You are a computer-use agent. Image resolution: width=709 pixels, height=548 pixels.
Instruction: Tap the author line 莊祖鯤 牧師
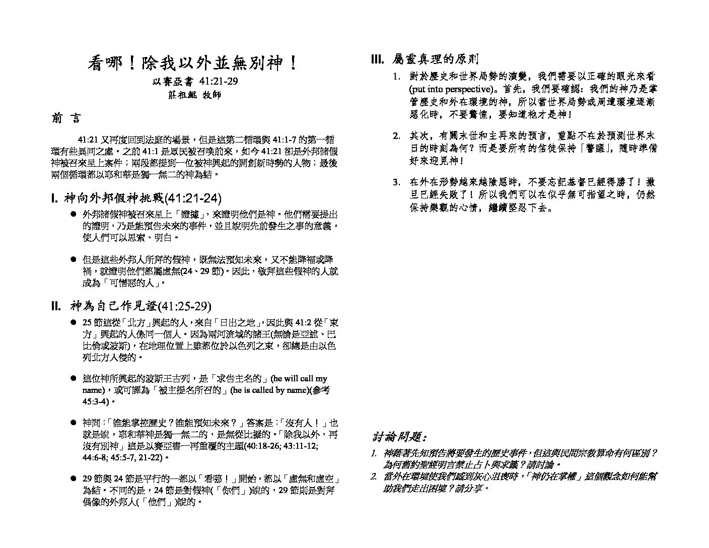pyautogui.click(x=194, y=94)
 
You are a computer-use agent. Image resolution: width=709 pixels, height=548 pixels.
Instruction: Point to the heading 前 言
pyautogui.click(x=65, y=118)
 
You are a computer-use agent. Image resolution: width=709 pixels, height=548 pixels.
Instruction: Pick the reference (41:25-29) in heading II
pyautogui.click(x=184, y=306)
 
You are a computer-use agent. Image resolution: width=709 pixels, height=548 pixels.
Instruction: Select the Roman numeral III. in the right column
pyautogui.click(x=378, y=59)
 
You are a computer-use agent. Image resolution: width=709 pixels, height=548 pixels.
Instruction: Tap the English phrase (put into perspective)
pyautogui.click(x=450, y=89)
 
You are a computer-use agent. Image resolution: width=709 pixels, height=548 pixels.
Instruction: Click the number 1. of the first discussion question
pyautogui.click(x=374, y=453)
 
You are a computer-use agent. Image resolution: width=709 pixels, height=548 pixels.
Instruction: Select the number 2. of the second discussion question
pyautogui.click(x=374, y=476)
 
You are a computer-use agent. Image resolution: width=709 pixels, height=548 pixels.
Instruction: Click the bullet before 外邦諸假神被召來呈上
pyautogui.click(x=74, y=214)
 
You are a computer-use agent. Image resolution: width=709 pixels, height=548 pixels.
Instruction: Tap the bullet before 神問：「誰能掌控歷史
pyautogui.click(x=74, y=423)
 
